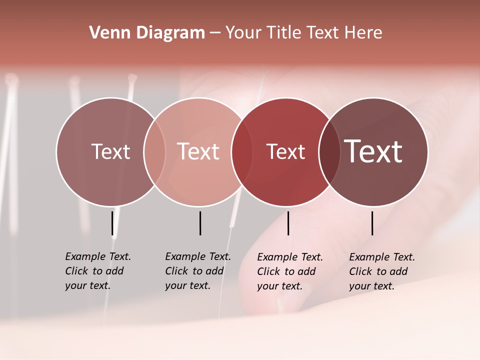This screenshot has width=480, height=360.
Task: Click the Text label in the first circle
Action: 110,151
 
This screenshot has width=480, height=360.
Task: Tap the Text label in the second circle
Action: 198,151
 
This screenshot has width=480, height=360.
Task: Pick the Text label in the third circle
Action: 285,151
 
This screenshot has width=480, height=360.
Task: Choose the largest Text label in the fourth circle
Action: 373,151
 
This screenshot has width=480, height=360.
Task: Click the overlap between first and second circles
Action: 154,151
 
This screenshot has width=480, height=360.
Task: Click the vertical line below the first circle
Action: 112,223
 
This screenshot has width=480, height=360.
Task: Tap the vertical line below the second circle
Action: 200,223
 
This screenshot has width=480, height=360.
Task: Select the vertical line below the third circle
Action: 288,223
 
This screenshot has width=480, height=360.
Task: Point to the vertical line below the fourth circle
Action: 372,223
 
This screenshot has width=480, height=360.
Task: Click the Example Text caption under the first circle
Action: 98,271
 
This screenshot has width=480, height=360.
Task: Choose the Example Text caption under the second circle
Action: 198,271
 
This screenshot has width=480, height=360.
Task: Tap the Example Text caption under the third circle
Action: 290,271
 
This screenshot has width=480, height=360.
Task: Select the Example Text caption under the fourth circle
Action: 382,271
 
